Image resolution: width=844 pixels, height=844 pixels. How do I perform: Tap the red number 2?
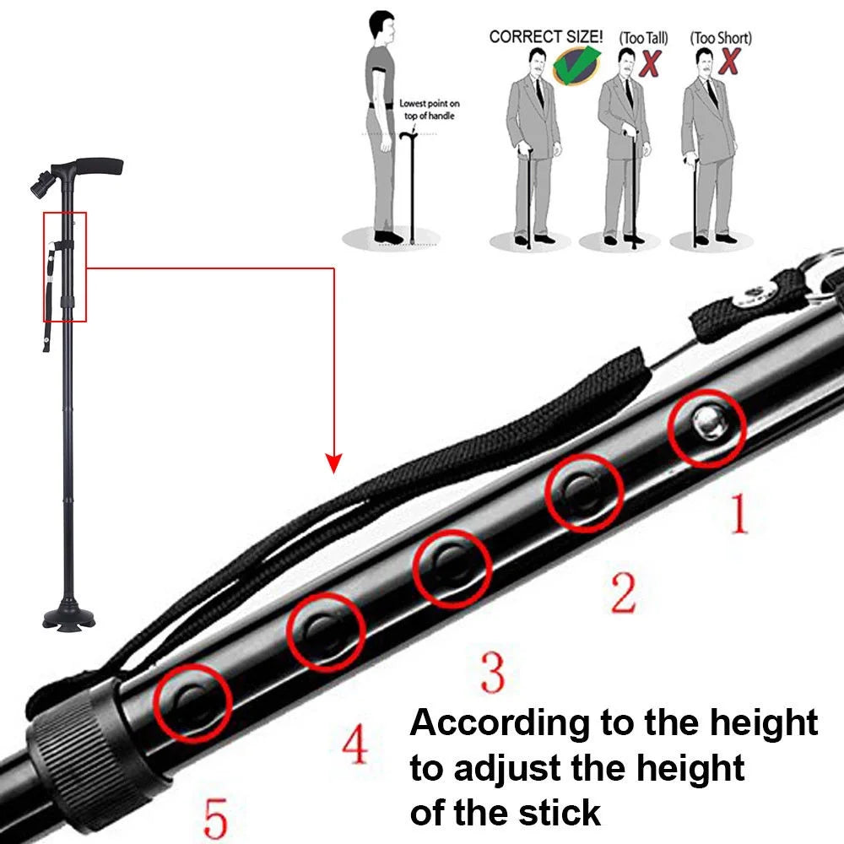click(624, 592)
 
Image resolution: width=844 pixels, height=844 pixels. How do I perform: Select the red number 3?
click(493, 672)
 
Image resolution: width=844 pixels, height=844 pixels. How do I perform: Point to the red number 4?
click(354, 744)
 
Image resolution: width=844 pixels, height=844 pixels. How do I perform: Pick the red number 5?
click(216, 818)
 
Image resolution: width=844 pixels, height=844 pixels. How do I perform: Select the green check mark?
click(577, 65)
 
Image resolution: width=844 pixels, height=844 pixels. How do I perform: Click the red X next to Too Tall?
click(650, 63)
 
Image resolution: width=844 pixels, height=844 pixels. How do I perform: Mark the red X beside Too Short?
click(729, 60)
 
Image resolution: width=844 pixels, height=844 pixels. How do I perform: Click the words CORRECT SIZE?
click(546, 36)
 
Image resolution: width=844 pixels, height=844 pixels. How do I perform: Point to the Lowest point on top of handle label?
click(430, 109)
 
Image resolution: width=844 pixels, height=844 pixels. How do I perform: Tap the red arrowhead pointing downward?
click(333, 463)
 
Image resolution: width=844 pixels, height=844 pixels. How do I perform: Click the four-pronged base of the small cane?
click(69, 617)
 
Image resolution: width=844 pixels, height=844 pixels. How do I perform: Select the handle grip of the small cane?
click(100, 165)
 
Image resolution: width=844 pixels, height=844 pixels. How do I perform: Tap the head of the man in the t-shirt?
click(382, 28)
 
